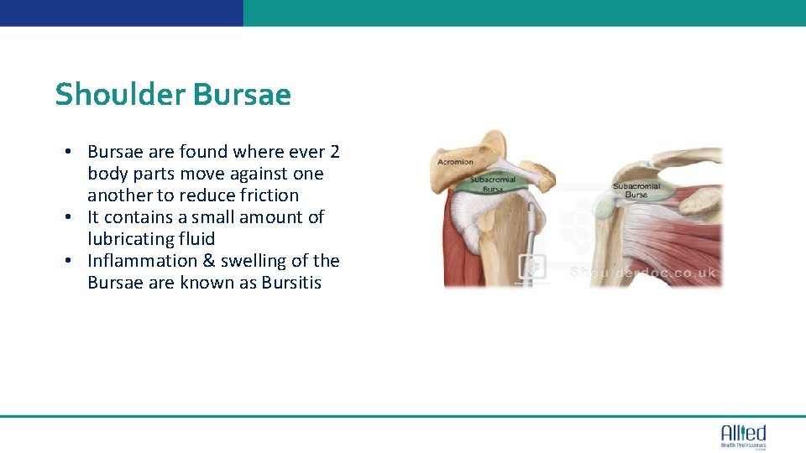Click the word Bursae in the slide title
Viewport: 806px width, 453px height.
tap(242, 95)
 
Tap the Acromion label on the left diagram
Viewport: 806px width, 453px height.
tap(454, 162)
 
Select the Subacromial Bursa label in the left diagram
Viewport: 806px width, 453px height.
tap(493, 184)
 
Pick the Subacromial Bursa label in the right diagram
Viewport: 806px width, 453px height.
tap(636, 190)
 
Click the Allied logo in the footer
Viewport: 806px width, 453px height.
tap(743, 434)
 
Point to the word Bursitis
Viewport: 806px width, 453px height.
tap(291, 283)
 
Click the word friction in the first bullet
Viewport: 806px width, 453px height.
tap(268, 195)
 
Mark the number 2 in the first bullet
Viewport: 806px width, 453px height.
tap(334, 152)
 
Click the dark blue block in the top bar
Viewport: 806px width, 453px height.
tap(122, 13)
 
